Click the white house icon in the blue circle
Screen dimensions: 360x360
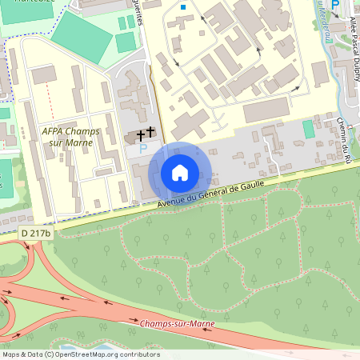click(x=180, y=172)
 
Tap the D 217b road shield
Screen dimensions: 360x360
click(x=36, y=233)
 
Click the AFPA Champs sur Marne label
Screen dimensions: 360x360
click(x=67, y=136)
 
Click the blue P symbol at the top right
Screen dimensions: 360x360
click(x=335, y=5)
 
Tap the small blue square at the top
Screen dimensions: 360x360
click(x=183, y=7)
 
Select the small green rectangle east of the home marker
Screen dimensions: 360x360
click(x=309, y=129)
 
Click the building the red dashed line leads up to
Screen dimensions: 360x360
click(x=44, y=74)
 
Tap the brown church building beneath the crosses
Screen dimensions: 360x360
click(x=133, y=138)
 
